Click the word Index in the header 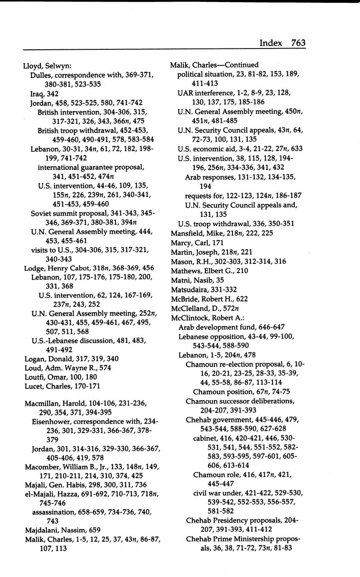(x=271, y=43)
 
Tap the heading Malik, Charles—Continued (x=214, y=65)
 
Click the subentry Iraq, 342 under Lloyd (x=44, y=94)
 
